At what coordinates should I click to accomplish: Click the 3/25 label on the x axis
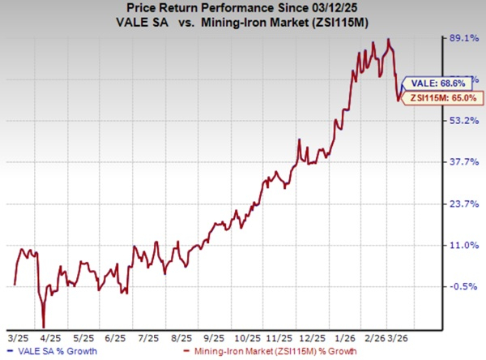[x=15, y=334]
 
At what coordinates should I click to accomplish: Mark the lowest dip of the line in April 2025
[x=44, y=324]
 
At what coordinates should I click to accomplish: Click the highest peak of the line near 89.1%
[x=390, y=39]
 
